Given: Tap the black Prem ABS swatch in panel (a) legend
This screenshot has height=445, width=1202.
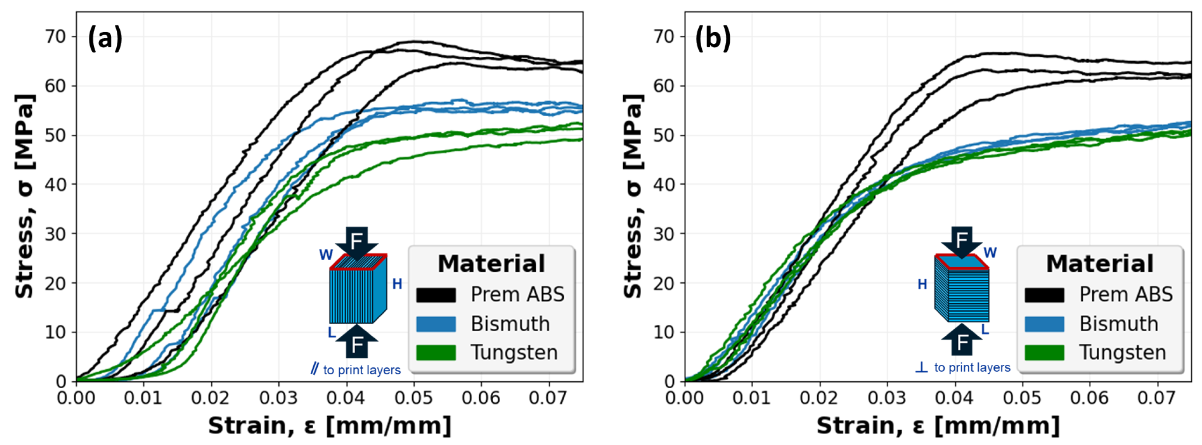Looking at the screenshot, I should pos(436,295).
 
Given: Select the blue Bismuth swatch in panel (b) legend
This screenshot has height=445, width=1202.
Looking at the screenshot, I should pos(1044,324).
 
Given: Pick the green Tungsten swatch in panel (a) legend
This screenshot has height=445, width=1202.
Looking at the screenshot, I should pos(436,353).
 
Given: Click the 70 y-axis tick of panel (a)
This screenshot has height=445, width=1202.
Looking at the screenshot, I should pos(55,36).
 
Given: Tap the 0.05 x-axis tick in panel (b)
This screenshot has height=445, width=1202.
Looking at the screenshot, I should pos(1022,398).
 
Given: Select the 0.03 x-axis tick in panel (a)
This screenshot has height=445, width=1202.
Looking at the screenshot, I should pos(279,398).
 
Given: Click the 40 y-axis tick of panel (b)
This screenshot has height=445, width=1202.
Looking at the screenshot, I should pos(663,185).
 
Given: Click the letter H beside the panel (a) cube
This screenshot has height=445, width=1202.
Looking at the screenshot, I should pos(397,284).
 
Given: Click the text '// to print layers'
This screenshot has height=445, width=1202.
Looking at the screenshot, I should pos(356,370).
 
